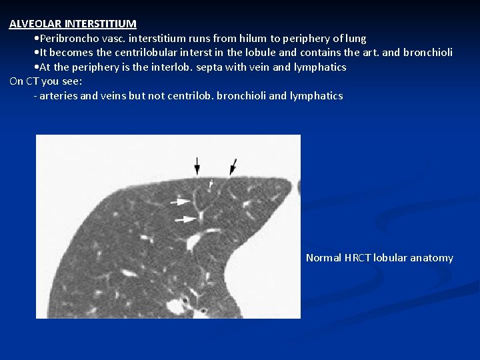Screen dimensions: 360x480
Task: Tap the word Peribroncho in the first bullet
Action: pos(67,39)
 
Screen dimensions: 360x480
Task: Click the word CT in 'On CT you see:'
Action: pos(32,81)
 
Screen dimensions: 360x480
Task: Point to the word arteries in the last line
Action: pos(59,96)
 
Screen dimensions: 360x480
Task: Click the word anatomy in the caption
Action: pos(431,258)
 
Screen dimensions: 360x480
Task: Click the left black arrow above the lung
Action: pos(197,165)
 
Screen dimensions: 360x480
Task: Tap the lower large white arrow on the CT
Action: pos(185,219)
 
